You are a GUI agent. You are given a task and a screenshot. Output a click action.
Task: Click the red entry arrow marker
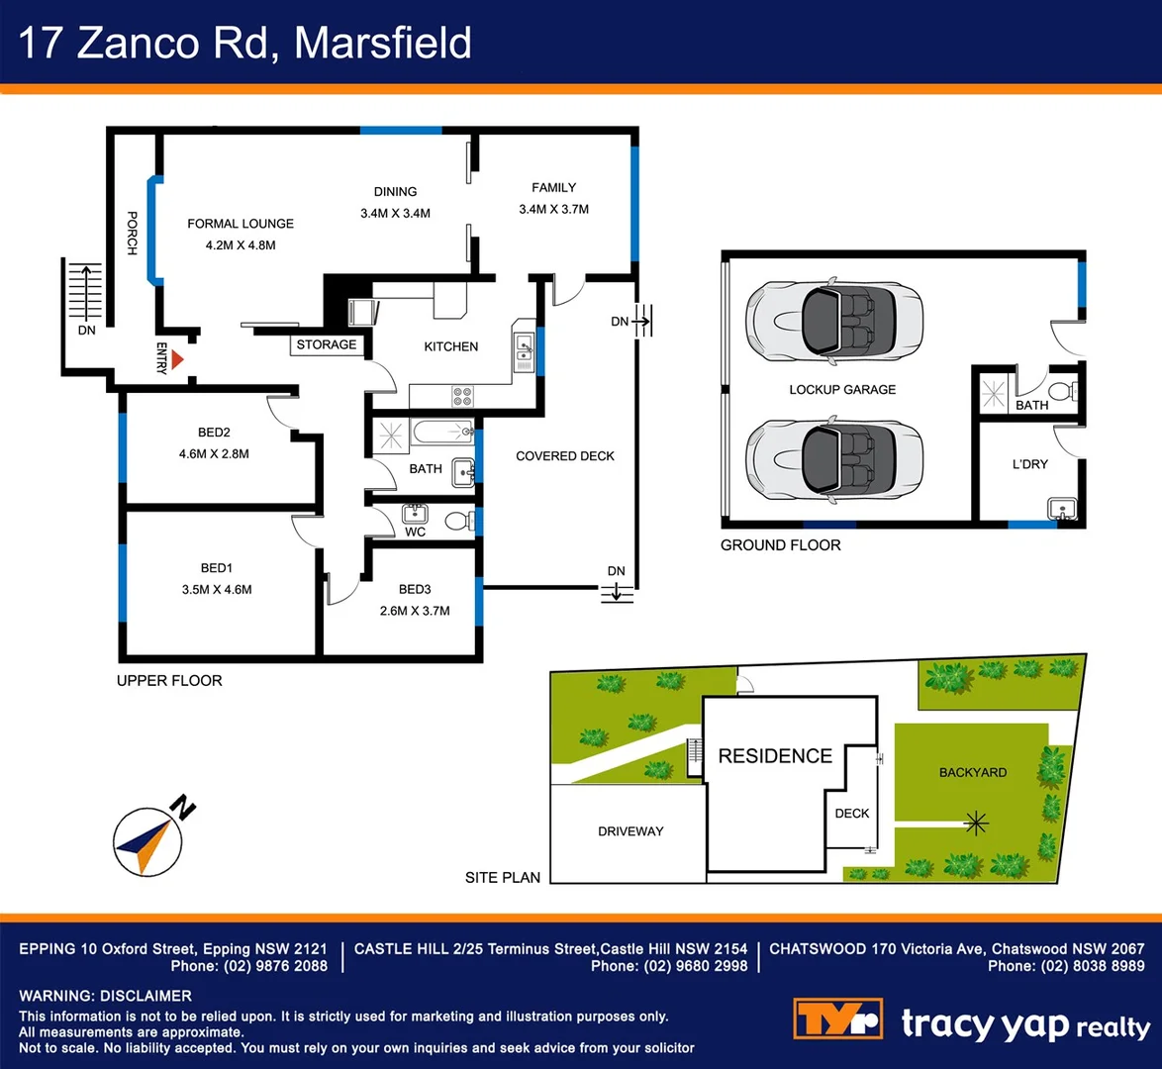178,360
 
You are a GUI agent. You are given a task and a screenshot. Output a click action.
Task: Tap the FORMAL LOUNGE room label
241,224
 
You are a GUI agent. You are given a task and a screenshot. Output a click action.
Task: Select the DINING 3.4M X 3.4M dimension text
395,213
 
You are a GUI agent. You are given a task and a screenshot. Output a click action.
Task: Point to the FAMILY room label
553,187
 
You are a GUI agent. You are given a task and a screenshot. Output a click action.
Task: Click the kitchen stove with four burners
462,396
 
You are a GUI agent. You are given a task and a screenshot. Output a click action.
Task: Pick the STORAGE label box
327,344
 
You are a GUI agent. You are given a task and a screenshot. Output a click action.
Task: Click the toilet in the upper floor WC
457,521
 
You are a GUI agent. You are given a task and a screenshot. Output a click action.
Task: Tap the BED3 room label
415,589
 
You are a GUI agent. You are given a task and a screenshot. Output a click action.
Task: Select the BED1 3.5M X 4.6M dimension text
217,589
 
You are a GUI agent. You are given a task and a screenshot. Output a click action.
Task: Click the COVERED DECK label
565,456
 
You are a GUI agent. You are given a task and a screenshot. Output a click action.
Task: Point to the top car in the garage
834,320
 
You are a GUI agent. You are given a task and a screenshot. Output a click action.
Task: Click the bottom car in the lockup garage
834,457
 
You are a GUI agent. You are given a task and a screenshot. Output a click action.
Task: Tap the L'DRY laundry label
1029,463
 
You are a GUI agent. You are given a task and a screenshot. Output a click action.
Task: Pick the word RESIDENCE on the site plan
775,756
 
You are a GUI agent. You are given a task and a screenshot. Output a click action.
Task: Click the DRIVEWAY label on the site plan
630,831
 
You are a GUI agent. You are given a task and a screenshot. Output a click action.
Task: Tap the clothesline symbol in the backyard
977,822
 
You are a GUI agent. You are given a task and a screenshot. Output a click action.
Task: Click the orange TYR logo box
837,1019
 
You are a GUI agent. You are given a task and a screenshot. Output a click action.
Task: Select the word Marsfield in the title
383,44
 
